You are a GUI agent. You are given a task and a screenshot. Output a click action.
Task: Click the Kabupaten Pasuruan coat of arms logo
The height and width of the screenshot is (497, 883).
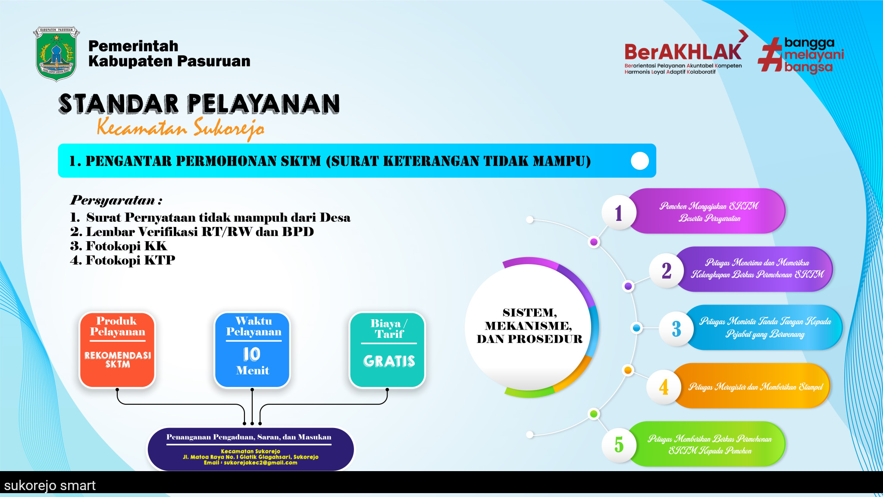(56, 54)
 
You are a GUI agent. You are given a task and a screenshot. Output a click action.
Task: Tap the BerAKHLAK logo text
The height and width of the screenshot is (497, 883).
(683, 52)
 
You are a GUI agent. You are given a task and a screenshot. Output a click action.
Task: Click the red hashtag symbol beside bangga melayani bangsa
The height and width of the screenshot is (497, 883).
(770, 54)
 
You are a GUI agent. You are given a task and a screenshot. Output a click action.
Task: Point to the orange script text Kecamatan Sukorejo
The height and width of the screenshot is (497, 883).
(181, 128)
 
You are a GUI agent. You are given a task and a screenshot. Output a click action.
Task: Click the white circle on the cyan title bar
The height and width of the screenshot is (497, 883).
(640, 161)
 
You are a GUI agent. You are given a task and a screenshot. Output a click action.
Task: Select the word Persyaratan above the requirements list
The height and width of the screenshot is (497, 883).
(113, 200)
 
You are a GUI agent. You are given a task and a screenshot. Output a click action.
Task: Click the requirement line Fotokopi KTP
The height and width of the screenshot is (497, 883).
(122, 260)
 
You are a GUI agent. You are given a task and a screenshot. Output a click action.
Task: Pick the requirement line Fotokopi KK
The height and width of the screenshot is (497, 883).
(119, 246)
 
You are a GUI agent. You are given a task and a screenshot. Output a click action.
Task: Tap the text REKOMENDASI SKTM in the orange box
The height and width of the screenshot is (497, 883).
(118, 360)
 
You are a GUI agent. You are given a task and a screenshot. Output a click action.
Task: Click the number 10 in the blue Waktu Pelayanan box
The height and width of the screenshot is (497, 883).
(252, 354)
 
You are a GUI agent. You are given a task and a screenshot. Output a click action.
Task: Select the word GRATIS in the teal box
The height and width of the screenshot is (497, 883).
(389, 361)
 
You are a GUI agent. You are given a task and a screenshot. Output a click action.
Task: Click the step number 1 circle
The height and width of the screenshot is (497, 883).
(619, 213)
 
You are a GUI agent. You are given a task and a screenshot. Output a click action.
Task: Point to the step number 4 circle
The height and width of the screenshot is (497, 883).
(664, 387)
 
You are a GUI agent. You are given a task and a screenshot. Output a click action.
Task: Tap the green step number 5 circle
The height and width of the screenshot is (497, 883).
(619, 445)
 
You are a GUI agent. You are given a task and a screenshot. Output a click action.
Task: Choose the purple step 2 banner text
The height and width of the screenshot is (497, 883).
(757, 269)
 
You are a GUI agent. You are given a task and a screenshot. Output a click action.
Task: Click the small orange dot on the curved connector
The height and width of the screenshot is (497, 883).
(628, 370)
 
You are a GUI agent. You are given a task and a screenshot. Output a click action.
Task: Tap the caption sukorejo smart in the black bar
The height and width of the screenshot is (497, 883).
(50, 486)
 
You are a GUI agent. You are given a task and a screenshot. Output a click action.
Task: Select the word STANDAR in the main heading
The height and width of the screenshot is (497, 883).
(119, 104)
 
